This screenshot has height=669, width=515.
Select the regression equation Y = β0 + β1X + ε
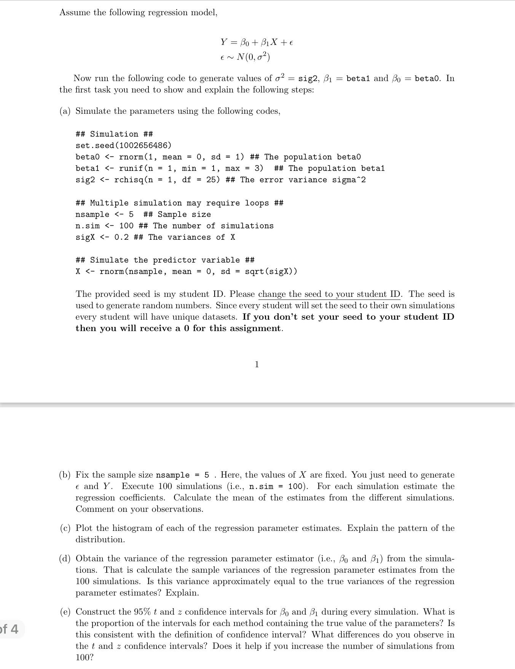[257, 42]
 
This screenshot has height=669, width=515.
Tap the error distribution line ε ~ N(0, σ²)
[245, 57]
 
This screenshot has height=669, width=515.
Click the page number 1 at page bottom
[257, 365]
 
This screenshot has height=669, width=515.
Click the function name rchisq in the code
[129, 180]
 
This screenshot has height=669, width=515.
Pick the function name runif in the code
[131, 168]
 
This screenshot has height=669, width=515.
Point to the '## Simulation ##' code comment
[114, 134]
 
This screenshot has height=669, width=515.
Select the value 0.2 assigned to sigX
[121, 237]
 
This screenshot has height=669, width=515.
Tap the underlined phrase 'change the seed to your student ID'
[329, 294]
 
